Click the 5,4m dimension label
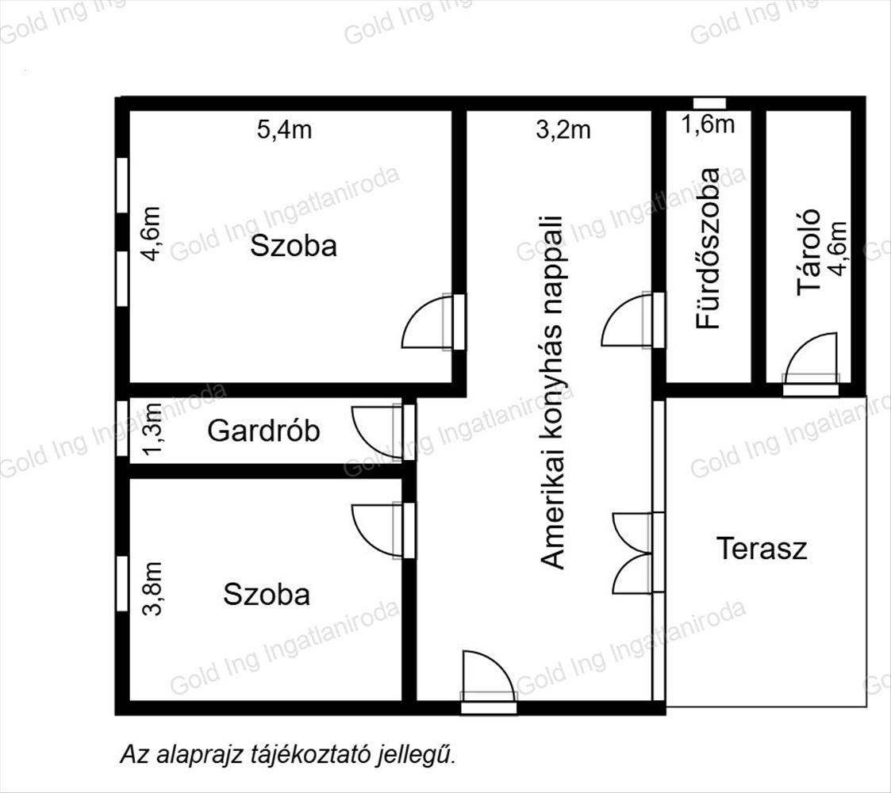click(x=284, y=130)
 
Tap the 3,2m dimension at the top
click(x=563, y=130)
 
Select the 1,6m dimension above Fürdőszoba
click(x=708, y=125)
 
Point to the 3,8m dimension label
click(x=153, y=589)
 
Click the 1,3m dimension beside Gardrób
click(x=153, y=430)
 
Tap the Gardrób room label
click(x=263, y=431)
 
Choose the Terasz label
click(x=762, y=549)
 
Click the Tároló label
click(x=808, y=252)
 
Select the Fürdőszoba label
click(x=708, y=248)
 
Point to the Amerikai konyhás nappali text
click(x=552, y=392)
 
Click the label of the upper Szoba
click(x=294, y=246)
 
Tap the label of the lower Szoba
click(x=267, y=594)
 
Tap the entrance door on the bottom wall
click(x=489, y=682)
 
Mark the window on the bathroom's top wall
click(x=709, y=103)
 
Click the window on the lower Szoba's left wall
click(x=122, y=584)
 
